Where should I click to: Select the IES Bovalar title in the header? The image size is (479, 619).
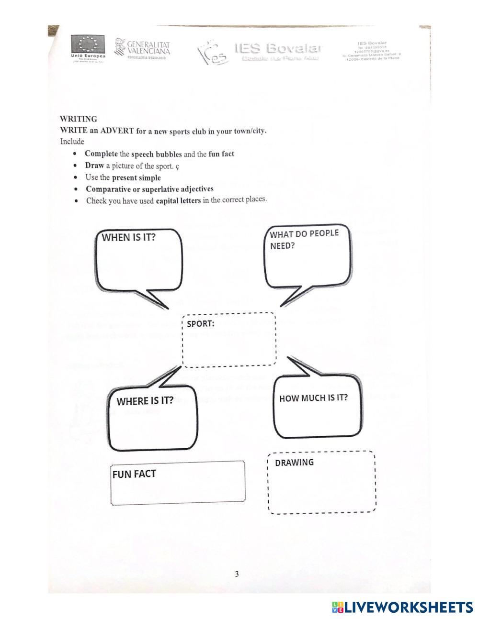point(278,48)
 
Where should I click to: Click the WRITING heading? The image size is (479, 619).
point(78,119)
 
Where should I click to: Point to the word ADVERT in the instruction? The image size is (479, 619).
point(116,131)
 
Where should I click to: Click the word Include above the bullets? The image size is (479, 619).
point(72,142)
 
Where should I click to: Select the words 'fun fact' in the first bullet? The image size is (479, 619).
point(221,154)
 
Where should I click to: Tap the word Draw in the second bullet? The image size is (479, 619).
point(94,166)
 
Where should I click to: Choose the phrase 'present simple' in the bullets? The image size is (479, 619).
point(137,177)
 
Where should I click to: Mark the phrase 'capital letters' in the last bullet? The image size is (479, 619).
point(178,200)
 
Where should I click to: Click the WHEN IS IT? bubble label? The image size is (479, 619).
point(129,238)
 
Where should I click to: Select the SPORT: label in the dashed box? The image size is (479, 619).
point(201,324)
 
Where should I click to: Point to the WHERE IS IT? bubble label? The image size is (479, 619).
point(145,401)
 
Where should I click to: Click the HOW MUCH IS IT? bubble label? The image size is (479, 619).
point(313,398)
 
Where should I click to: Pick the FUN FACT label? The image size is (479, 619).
point(134,474)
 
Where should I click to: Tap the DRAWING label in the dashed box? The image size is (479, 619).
point(294,463)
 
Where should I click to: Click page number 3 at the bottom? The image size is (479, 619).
point(237,574)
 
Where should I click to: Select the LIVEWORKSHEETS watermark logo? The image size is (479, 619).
point(402,608)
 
